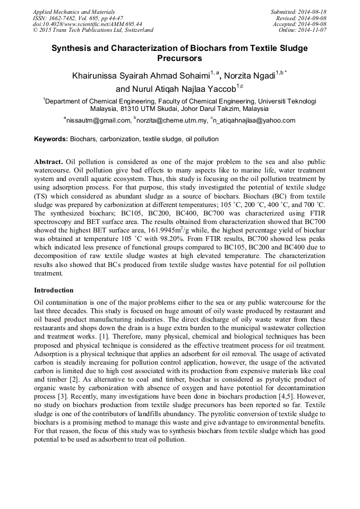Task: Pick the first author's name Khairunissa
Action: point(99,76)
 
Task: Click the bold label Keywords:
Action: point(51,139)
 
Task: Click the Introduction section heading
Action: point(54,290)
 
